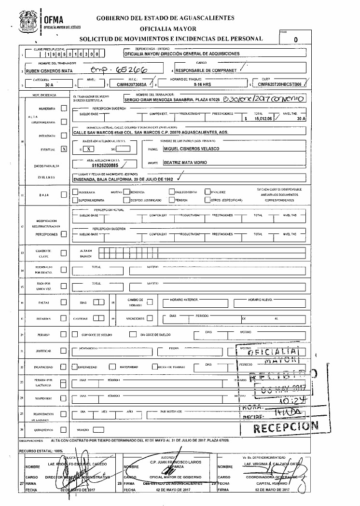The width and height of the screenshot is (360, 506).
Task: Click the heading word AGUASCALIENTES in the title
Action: coord(208,18)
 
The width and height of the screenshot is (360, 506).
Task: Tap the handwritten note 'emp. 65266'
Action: coord(123,70)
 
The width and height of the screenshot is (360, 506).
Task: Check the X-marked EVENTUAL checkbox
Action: coord(64,150)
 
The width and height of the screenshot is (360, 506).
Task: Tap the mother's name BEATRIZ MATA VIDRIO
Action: coord(185,163)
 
